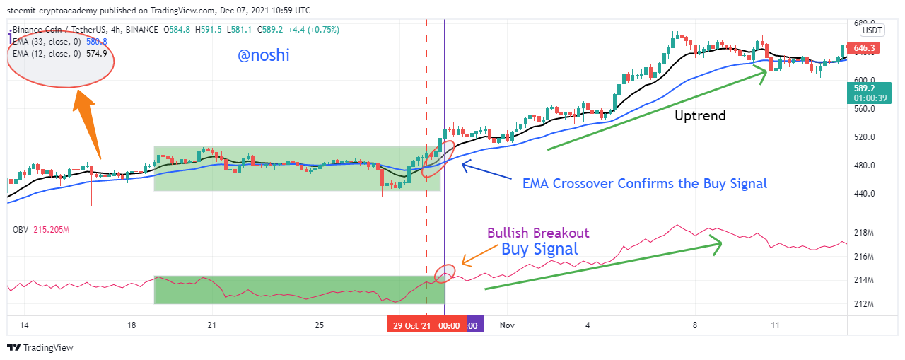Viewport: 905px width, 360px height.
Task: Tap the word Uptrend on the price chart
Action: click(700, 115)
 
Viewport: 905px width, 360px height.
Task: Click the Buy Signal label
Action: click(539, 249)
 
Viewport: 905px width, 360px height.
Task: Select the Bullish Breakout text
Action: click(538, 233)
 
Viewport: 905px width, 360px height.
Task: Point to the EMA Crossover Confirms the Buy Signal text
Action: click(644, 183)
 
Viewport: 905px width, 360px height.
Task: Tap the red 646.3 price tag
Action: click(865, 48)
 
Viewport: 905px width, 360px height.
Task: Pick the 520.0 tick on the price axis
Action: click(863, 137)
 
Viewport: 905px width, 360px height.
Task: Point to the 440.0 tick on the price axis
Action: click(863, 194)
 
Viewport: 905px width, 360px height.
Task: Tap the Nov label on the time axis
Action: click(506, 325)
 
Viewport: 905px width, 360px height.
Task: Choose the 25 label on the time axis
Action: click(319, 325)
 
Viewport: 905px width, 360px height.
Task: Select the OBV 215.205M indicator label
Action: click(42, 230)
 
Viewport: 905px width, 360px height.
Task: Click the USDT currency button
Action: click(872, 30)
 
